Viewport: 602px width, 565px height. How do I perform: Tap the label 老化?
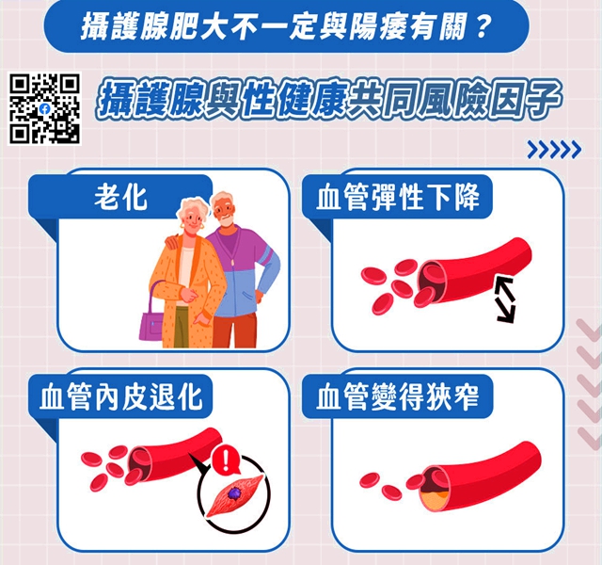pyautogui.click(x=120, y=198)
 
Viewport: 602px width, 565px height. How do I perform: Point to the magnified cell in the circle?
pyautogui.click(x=230, y=495)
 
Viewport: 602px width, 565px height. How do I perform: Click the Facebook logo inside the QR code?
pyautogui.click(x=44, y=108)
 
